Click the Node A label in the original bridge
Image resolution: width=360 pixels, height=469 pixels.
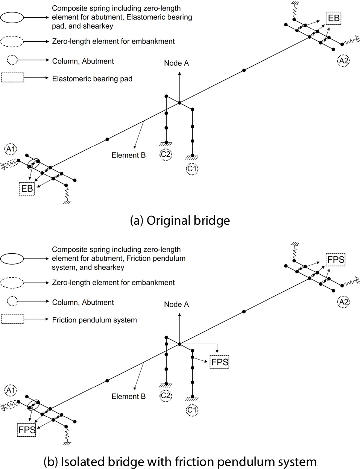point(176,63)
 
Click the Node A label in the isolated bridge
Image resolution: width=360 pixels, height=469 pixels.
point(176,304)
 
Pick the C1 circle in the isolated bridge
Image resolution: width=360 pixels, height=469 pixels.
point(192,410)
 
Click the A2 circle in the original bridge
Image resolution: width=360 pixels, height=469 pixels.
point(343,61)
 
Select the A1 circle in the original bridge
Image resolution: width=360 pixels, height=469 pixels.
point(9,149)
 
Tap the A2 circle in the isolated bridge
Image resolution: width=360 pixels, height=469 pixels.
point(343,302)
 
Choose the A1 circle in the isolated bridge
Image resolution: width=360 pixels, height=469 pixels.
point(9,390)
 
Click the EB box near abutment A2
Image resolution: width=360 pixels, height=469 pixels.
point(334,18)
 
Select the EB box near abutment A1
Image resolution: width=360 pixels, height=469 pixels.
point(27,188)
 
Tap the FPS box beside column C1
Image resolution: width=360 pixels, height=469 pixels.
point(220,362)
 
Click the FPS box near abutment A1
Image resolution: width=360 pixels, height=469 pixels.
point(27,429)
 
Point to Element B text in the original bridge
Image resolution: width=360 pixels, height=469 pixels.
point(128,155)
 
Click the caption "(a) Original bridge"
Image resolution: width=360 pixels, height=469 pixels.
point(180,220)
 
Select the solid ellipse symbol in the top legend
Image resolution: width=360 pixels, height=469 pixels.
point(12,17)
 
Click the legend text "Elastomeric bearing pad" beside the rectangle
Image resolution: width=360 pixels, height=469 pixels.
point(92,79)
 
